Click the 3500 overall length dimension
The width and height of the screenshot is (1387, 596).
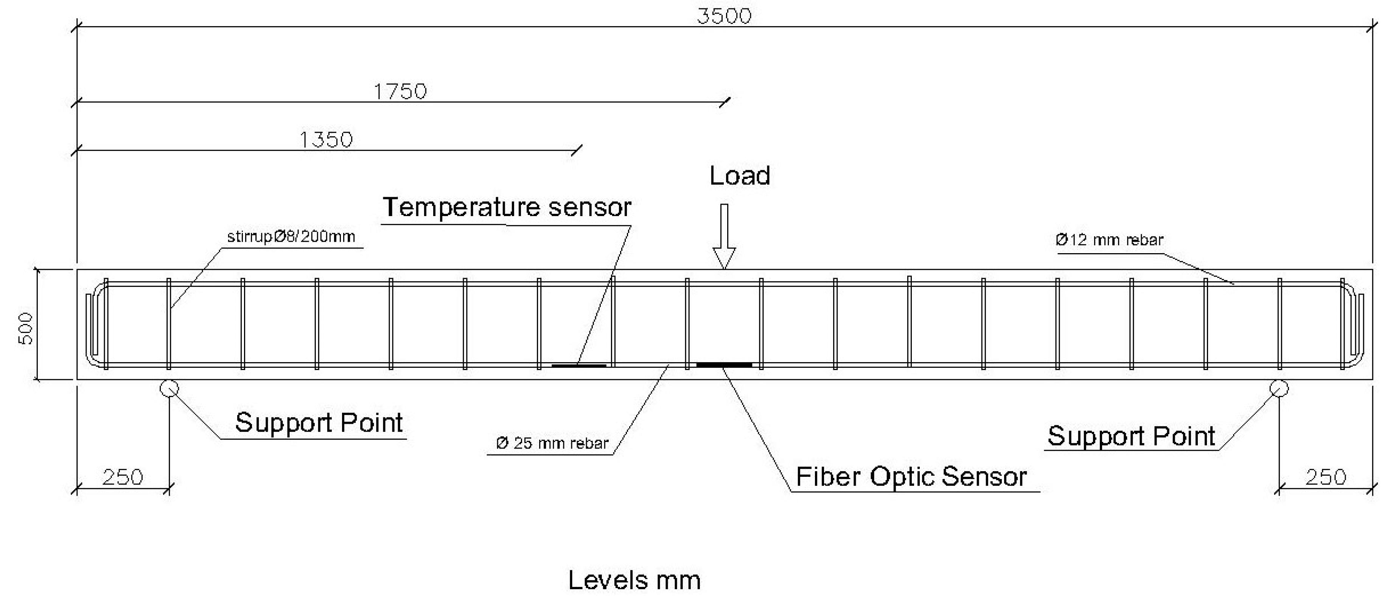pos(724,16)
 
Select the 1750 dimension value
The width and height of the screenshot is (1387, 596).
pos(400,92)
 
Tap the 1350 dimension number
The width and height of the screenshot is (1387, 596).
pos(326,140)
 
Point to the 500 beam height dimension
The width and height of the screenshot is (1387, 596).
pos(26,328)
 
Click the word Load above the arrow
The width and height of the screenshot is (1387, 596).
pos(739,176)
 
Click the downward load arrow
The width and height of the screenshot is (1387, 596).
pos(724,237)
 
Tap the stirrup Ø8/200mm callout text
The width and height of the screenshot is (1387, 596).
pos(291,237)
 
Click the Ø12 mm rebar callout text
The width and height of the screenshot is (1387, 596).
pos(1109,240)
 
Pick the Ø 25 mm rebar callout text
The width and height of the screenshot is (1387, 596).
pos(552,443)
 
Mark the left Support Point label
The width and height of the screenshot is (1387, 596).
pos(319,423)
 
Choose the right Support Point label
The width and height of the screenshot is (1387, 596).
pos(1131,436)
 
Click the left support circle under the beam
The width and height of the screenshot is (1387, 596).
pos(169,388)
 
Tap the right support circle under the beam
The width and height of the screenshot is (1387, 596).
pos(1279,388)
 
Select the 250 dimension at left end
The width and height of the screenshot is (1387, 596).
pos(123,478)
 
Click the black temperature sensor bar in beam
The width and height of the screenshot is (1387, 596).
pos(579,366)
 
